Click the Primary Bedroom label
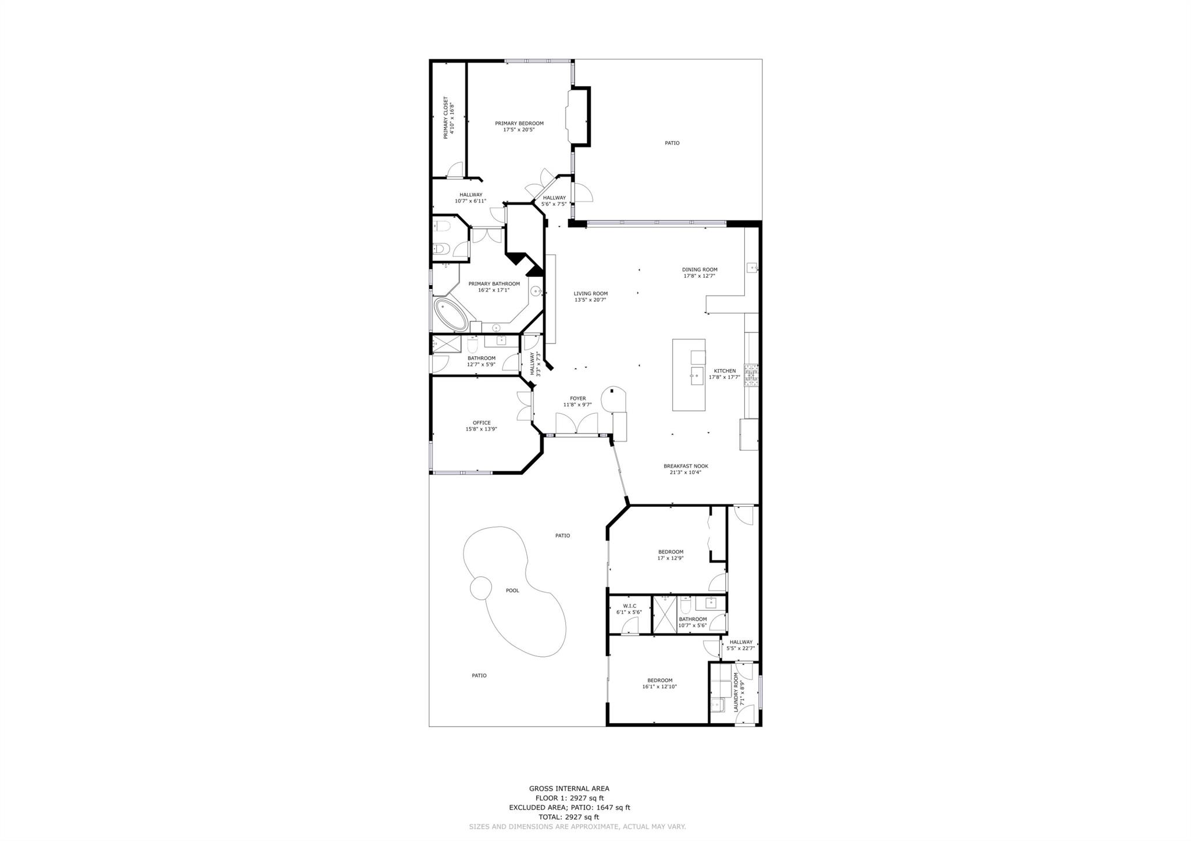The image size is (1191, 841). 519,123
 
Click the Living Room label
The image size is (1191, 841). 590,294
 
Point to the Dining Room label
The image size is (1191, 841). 700,270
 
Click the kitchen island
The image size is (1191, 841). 689,375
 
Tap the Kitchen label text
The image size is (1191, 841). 725,371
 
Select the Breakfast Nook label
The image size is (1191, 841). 686,466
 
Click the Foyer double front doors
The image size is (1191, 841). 576,423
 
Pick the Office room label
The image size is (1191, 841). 482,423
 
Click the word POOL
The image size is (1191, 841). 512,591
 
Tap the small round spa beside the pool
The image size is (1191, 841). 481,588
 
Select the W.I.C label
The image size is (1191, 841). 629,606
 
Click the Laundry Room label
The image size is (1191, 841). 736,692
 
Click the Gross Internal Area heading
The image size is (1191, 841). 569,789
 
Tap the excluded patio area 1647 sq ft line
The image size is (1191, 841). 569,807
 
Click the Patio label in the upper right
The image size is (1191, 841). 672,143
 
